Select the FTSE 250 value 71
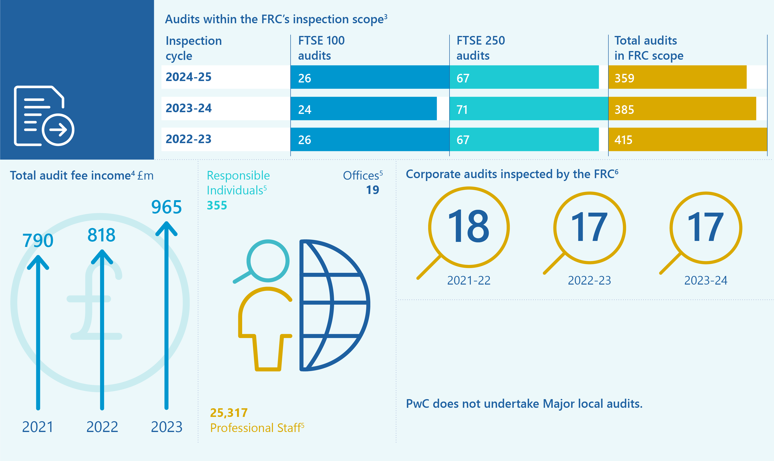point(462,110)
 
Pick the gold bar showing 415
point(687,140)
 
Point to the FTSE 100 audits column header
point(321,48)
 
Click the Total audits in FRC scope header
point(649,48)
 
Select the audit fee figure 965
point(166,207)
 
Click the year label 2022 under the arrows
point(102,427)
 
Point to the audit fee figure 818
point(101,235)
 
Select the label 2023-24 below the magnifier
point(706,280)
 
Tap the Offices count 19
point(372,190)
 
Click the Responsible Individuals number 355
point(217,205)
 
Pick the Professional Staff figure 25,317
point(229,413)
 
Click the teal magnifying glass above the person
point(267,261)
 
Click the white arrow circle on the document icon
point(58,129)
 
